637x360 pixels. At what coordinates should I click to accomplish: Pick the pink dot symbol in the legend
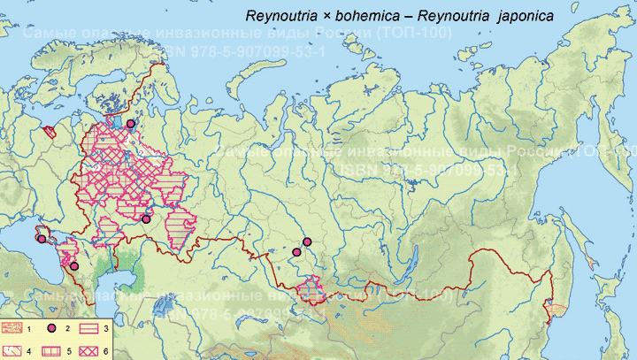click(52, 329)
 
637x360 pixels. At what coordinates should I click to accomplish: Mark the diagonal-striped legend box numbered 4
click(16, 350)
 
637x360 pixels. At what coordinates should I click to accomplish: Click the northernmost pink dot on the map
click(131, 124)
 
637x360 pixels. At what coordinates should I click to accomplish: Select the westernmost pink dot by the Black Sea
click(41, 238)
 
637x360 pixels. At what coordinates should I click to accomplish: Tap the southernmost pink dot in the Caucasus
click(74, 265)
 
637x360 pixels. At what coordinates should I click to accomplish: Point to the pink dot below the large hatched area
click(146, 218)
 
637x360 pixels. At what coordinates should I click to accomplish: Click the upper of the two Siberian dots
click(307, 241)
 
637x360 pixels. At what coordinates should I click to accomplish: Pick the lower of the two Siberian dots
click(297, 253)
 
